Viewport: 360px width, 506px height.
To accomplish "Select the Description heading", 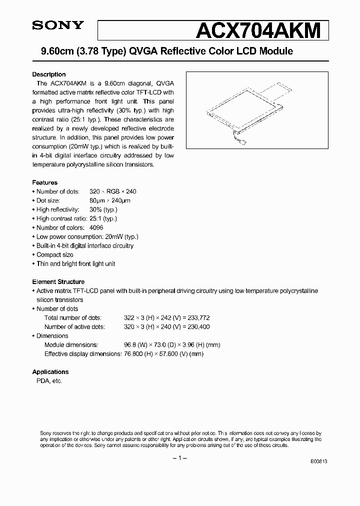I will coord(49,74).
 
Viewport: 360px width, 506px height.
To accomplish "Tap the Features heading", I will coord(45,182).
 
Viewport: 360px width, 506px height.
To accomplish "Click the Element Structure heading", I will coord(58,281).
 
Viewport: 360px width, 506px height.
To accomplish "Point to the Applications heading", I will coord(50,371).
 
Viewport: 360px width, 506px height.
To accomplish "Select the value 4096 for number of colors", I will coord(96,227).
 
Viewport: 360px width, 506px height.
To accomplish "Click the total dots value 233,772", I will coord(195,317).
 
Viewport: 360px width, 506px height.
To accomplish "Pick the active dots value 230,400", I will coord(195,326).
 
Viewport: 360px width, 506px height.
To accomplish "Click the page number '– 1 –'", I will coord(179,458).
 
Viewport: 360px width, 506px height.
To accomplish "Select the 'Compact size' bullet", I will coord(55,254).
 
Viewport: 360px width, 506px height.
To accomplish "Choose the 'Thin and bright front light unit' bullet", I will coord(76,263).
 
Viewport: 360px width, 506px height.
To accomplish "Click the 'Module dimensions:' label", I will coord(71,344).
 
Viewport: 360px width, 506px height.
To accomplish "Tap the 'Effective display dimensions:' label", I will coord(82,353).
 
